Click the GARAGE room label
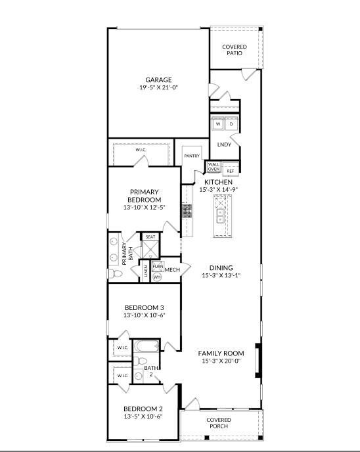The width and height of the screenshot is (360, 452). click(x=158, y=80)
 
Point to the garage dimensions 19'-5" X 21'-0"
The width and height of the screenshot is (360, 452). click(x=158, y=88)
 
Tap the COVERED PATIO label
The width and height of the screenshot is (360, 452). click(x=235, y=50)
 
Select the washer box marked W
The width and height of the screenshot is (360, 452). click(x=217, y=124)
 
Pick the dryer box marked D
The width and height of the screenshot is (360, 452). click(x=231, y=124)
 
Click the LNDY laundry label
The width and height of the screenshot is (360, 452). click(x=223, y=145)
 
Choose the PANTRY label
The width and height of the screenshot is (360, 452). click(x=192, y=156)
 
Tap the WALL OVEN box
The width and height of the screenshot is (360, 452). click(x=214, y=167)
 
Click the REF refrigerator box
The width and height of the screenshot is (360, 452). click(x=230, y=171)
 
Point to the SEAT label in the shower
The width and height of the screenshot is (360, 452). click(x=150, y=237)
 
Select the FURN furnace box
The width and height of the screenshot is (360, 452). click(x=158, y=266)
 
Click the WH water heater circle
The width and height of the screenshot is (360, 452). click(x=157, y=277)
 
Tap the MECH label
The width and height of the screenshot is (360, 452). click(x=172, y=270)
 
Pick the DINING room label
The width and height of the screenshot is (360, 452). click(x=221, y=267)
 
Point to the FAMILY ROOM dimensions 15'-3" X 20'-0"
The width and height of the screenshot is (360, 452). click(x=221, y=361)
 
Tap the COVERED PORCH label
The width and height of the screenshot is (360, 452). click(x=219, y=422)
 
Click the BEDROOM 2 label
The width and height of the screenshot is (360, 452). click(x=144, y=408)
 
